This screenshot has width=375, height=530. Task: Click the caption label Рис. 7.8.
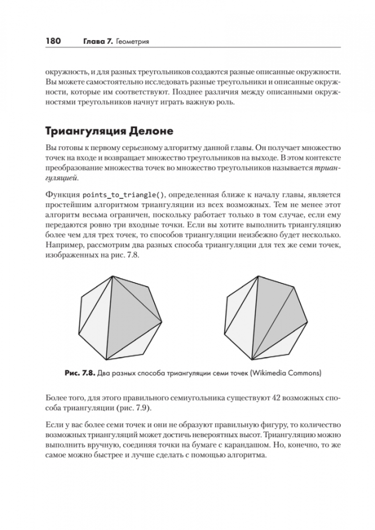tap(80, 373)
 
